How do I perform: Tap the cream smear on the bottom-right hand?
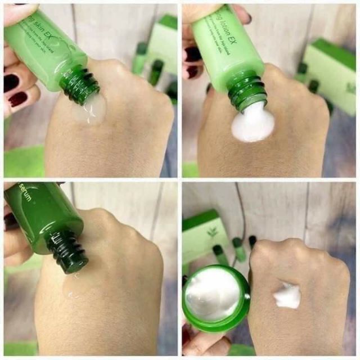(x=287, y=296)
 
